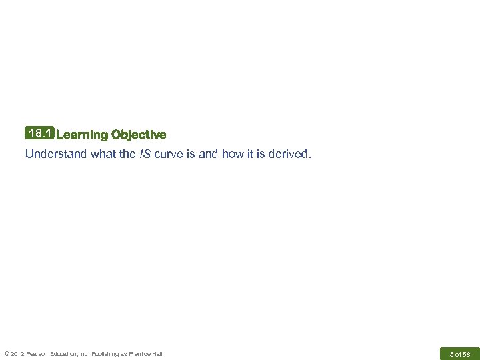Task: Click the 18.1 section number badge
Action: tap(40, 134)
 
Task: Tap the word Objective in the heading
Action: tap(139, 135)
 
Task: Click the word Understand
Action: tap(53, 155)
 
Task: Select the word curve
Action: tap(168, 155)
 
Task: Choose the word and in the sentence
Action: tap(207, 155)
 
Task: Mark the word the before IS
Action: tap(127, 155)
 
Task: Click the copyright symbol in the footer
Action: tap(7, 353)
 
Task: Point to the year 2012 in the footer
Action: tap(18, 353)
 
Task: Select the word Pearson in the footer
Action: tap(39, 353)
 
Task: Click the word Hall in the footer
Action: tap(157, 353)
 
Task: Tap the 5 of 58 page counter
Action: tap(460, 353)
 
